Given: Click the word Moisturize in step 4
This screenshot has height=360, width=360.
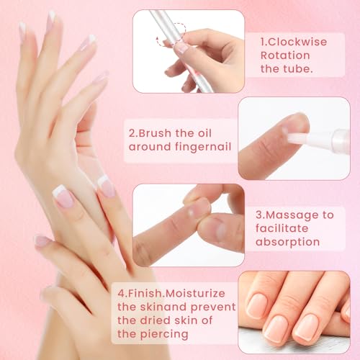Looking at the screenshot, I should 195,293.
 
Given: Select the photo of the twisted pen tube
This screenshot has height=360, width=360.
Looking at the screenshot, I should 189,50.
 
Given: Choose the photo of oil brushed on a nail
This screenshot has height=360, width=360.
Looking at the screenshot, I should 294,138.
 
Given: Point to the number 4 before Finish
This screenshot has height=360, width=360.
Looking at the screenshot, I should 120,293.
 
